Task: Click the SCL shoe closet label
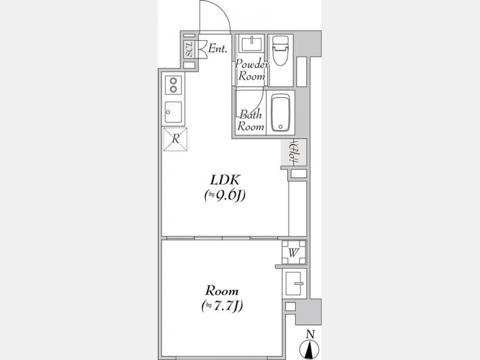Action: click(190, 49)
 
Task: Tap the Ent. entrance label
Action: click(218, 49)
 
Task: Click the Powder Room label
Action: click(252, 70)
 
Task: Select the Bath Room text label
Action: click(251, 121)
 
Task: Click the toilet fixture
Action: click(281, 51)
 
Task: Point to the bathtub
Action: click(281, 113)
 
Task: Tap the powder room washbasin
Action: click(251, 44)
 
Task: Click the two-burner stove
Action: click(173, 85)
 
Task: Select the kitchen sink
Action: click(173, 112)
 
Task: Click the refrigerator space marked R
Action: click(175, 139)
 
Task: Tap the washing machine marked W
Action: click(293, 253)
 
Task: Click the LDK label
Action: click(225, 180)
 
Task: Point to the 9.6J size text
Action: click(225, 196)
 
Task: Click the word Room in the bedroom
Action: click(222, 290)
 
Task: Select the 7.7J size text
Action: click(222, 306)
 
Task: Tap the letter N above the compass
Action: click(311, 334)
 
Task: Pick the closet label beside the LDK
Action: click(293, 153)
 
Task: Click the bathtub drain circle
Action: click(281, 127)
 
